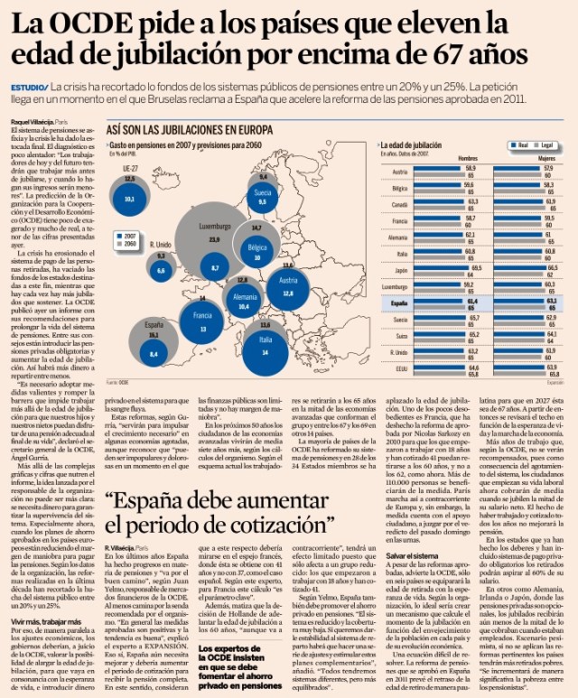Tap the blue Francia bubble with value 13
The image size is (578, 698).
pos(203,329)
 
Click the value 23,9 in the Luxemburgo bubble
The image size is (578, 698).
pos(214,240)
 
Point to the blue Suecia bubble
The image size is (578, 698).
pos(262,202)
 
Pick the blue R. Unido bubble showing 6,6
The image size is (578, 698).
pos(161,269)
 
